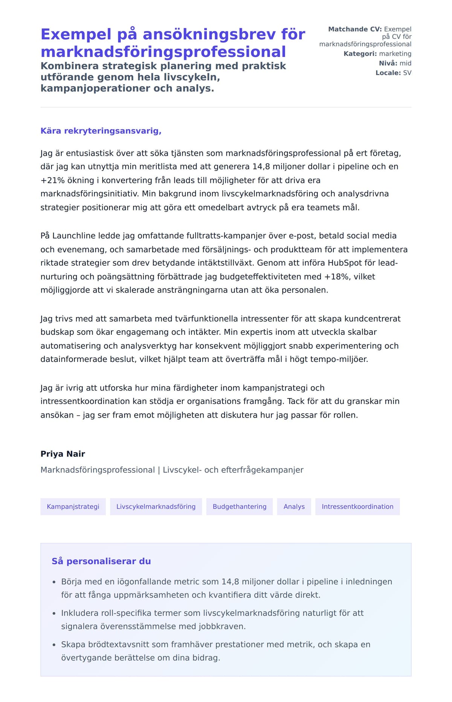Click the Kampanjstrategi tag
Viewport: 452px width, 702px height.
(73, 506)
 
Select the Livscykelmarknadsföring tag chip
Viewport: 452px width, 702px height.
(156, 506)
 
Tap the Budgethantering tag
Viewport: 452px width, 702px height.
(240, 506)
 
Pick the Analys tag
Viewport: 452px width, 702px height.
(294, 506)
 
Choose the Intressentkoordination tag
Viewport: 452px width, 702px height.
(357, 506)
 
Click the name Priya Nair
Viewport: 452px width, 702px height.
(63, 454)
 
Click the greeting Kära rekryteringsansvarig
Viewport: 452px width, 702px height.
(101, 131)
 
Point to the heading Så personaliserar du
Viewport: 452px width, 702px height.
(101, 561)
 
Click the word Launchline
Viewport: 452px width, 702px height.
(74, 236)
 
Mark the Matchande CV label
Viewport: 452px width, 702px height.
(355, 29)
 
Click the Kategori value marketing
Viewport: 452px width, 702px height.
(395, 54)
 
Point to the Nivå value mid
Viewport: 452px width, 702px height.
(405, 63)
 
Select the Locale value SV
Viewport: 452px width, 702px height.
(407, 73)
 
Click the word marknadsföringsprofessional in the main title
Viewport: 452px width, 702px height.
(163, 52)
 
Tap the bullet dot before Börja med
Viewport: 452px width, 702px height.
(54, 582)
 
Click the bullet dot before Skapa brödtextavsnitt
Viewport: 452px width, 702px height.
(54, 645)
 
